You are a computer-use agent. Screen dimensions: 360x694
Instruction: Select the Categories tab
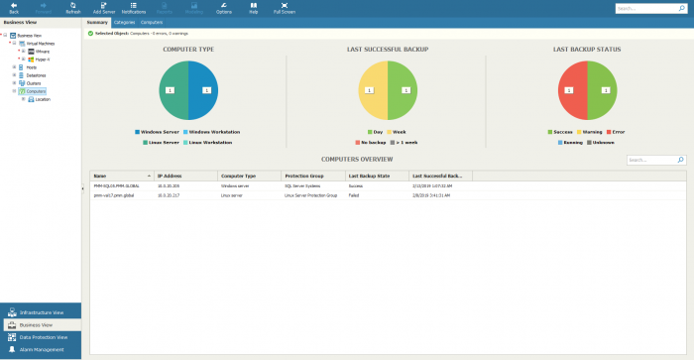pos(125,21)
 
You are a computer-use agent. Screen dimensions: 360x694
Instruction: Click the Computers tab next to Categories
pos(152,21)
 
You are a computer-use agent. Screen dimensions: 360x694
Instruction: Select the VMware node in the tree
pos(43,51)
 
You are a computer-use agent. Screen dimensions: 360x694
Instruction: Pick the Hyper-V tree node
pos(43,59)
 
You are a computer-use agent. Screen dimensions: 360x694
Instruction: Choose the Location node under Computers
pos(43,99)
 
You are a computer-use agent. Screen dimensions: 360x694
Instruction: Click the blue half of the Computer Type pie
pos(203,90)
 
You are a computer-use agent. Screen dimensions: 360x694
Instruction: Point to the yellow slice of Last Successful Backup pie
pos(373,90)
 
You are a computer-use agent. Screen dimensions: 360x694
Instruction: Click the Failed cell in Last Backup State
pos(355,196)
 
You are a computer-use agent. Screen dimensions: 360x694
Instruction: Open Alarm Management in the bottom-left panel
pos(42,349)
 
